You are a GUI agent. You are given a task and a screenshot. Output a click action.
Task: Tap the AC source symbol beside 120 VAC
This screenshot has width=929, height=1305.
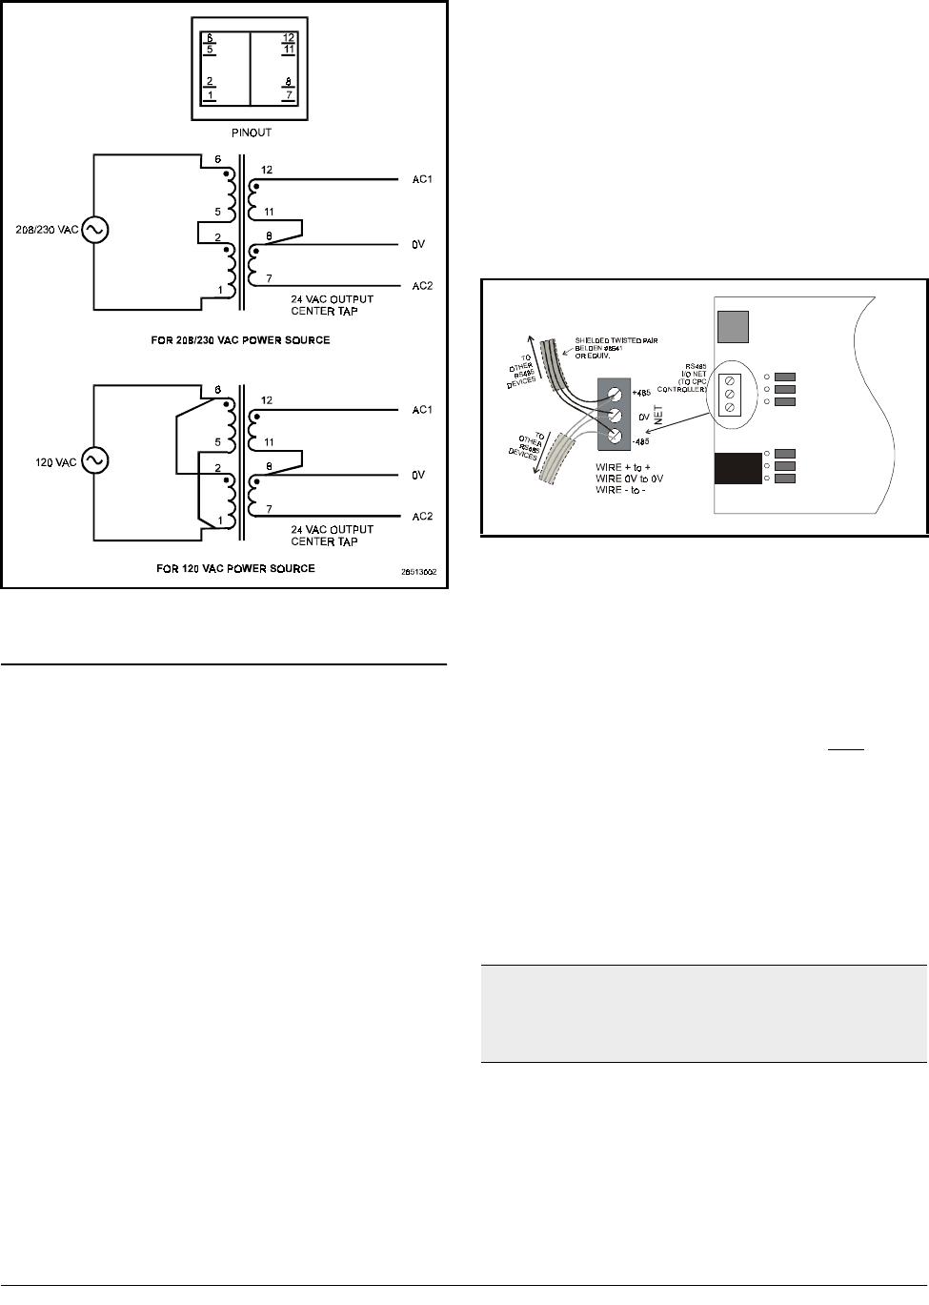pyautogui.click(x=93, y=460)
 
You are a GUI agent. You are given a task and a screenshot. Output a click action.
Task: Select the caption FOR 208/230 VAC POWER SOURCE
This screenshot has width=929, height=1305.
pyautogui.click(x=240, y=340)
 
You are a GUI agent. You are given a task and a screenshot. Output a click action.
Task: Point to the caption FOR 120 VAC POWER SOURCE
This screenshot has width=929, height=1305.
pyautogui.click(x=235, y=569)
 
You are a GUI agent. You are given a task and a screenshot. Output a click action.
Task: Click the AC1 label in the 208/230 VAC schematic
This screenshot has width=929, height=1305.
pyautogui.click(x=423, y=179)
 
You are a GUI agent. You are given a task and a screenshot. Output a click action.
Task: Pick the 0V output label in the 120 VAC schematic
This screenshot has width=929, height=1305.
pyautogui.click(x=418, y=475)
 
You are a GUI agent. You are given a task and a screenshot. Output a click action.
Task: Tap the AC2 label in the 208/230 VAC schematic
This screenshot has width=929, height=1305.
pyautogui.click(x=423, y=286)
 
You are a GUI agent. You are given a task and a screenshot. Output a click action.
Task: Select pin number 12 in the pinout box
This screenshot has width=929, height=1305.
pyautogui.click(x=289, y=38)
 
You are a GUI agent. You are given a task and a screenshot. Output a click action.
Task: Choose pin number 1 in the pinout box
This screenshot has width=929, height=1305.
pyautogui.click(x=210, y=95)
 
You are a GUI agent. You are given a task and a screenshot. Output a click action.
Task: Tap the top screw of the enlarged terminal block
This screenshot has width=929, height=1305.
pyautogui.click(x=616, y=392)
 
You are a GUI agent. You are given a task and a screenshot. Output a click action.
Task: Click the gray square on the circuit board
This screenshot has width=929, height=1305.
pyautogui.click(x=732, y=327)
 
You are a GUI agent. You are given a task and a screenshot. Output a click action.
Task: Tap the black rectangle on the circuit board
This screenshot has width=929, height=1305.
pyautogui.click(x=737, y=468)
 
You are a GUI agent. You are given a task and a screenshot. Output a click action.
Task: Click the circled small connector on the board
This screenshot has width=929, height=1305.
pyautogui.click(x=730, y=394)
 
